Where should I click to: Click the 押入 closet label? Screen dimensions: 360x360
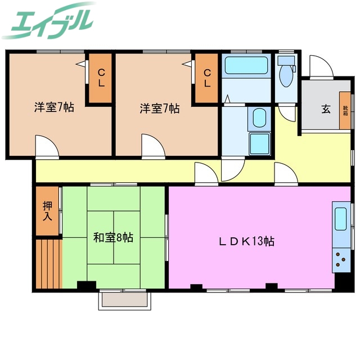[x=47, y=211]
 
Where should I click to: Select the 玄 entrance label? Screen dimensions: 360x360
[x=326, y=109]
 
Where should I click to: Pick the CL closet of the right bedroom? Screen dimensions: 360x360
[x=207, y=78]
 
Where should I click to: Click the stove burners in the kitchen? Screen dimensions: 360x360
[x=341, y=259]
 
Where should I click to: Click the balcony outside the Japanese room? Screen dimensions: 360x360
[x=123, y=301]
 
